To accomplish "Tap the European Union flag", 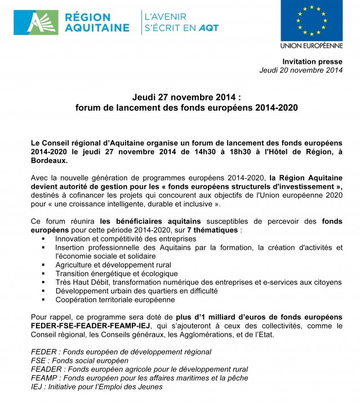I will coord(312,20).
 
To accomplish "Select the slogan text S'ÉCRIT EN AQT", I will coord(181,28).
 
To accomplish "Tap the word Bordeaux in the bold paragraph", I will coord(49,160).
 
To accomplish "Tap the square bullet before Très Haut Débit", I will coord(43,282).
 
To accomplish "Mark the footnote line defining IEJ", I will coord(96,386).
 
